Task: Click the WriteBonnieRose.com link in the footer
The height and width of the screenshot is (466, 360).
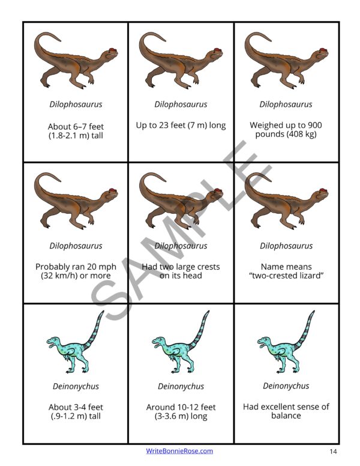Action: pyautogui.click(x=179, y=451)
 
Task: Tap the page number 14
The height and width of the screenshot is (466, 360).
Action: pyautogui.click(x=333, y=451)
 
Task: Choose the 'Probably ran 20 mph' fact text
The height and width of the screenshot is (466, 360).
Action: pyautogui.click(x=76, y=271)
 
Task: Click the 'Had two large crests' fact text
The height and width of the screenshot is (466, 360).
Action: pyautogui.click(x=181, y=271)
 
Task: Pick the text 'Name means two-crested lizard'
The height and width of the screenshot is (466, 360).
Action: pyautogui.click(x=286, y=271)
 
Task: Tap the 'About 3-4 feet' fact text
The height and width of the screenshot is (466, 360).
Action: pyautogui.click(x=76, y=411)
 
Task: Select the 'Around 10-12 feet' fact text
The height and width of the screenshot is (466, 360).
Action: pyautogui.click(x=181, y=411)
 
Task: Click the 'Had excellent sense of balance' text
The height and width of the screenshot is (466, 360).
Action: pyautogui.click(x=286, y=411)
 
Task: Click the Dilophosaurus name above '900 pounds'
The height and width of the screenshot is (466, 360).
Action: pyautogui.click(x=286, y=104)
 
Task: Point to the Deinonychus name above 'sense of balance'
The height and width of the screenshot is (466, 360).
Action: pyautogui.click(x=286, y=386)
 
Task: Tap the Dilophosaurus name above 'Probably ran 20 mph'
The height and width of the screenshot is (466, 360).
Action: pyautogui.click(x=76, y=246)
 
